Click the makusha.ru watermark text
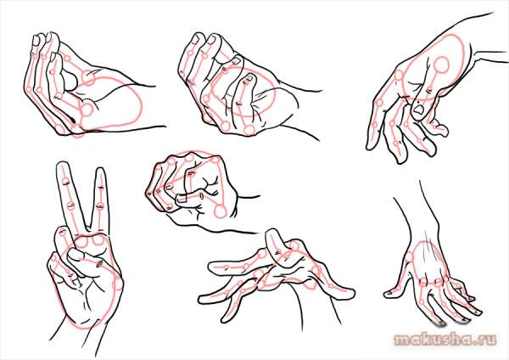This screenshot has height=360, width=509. tap(445, 340)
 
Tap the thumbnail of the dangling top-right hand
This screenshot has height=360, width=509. tap(419, 110)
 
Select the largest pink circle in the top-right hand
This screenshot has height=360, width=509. tap(441, 65)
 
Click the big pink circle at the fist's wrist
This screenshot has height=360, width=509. tap(221, 211)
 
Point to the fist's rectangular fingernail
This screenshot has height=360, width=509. tap(182, 198)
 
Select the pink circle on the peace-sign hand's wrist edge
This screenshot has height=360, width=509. tap(117, 284)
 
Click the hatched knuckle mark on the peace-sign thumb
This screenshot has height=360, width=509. tap(98, 264)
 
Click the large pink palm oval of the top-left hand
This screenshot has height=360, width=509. tap(109, 103)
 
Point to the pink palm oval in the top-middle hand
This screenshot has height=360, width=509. tap(242, 92)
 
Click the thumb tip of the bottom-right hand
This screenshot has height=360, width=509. tap(389, 294)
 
